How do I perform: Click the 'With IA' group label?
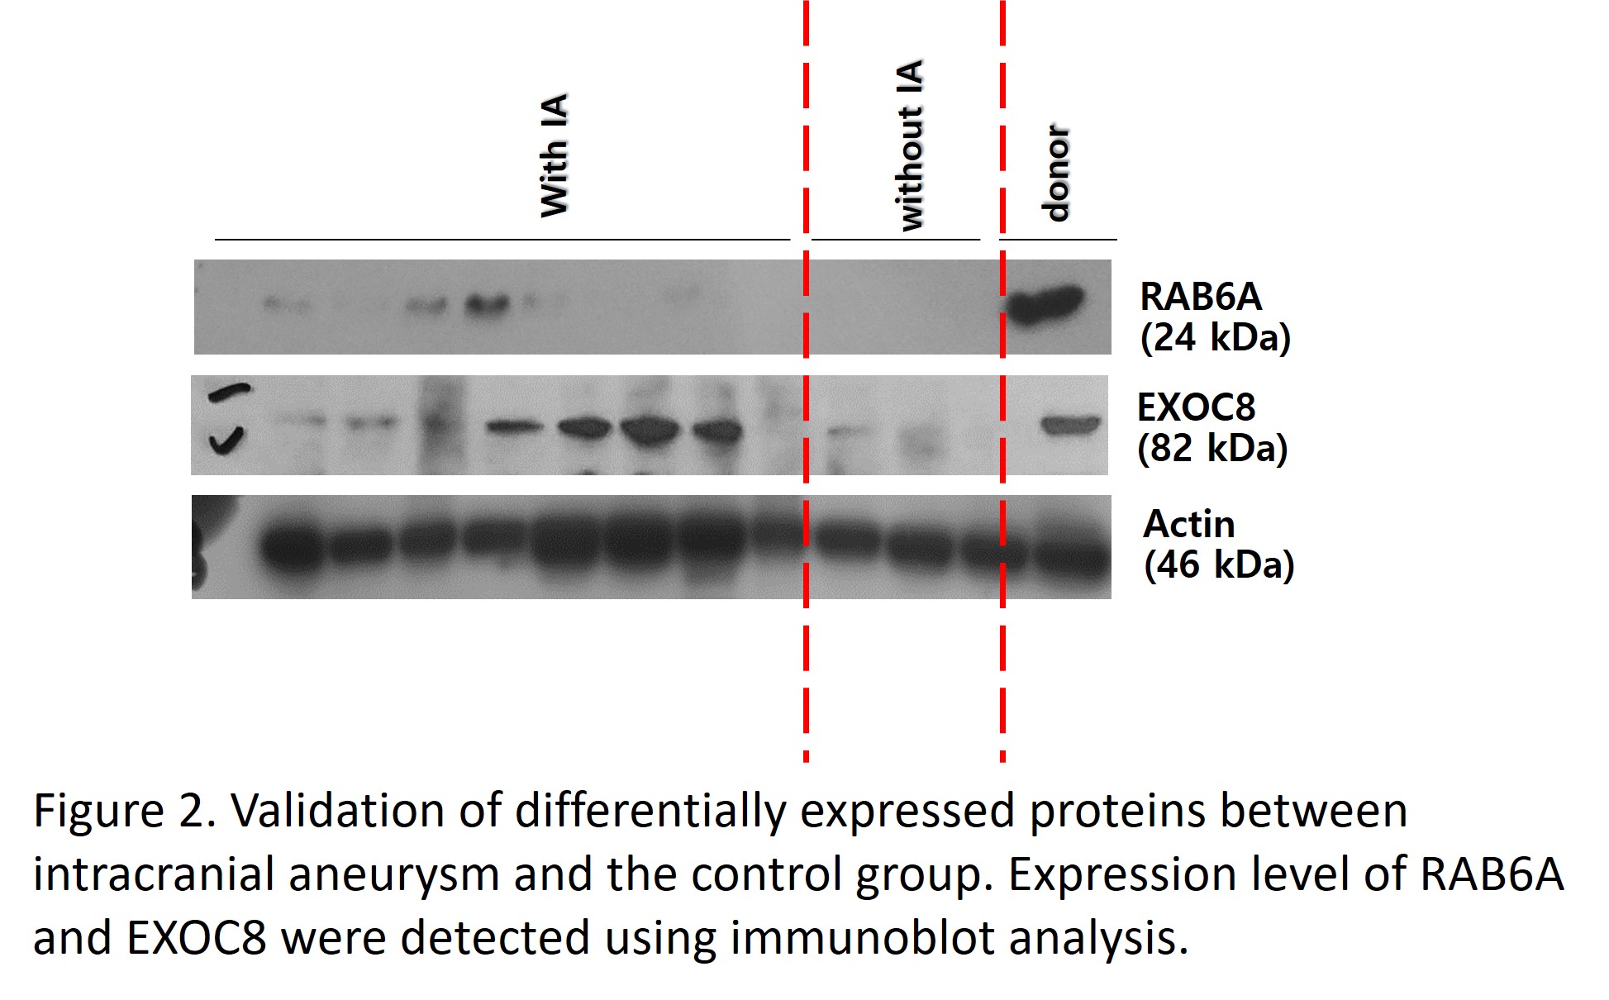[x=555, y=155]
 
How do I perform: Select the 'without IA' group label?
[x=910, y=145]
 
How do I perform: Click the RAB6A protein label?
[x=1201, y=296]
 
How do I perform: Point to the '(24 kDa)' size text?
[x=1215, y=337]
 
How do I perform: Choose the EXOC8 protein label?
[x=1197, y=407]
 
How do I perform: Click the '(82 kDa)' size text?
[x=1212, y=448]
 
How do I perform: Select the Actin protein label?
[x=1189, y=523]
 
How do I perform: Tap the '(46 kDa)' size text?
[x=1219, y=564]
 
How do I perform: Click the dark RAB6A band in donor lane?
[x=1045, y=305]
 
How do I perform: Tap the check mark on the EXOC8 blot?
[x=226, y=440]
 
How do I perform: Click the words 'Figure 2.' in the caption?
[x=125, y=811]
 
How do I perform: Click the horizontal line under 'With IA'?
[x=502, y=240]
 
